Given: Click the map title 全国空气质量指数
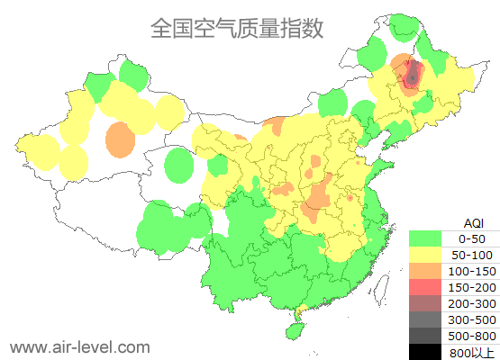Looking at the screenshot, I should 237,28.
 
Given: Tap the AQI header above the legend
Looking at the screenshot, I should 473,222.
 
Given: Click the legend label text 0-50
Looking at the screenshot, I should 472,238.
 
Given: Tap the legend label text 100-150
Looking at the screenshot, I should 472,271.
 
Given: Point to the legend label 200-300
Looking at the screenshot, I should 472,303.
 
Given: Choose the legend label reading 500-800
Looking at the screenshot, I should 472,336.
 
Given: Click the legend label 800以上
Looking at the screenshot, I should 472,351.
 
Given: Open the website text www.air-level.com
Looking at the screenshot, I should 80,346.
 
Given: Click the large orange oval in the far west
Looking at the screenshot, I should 120,139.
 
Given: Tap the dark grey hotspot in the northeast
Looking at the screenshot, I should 413,76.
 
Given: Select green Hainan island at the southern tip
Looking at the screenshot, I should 292,330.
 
